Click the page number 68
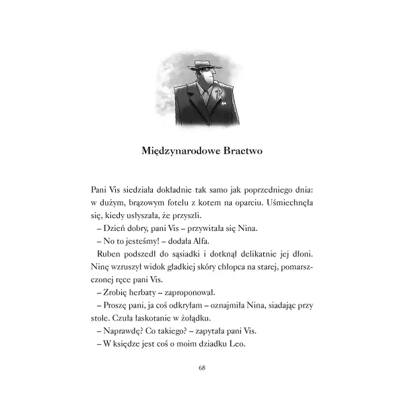202,367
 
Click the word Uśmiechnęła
290,202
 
